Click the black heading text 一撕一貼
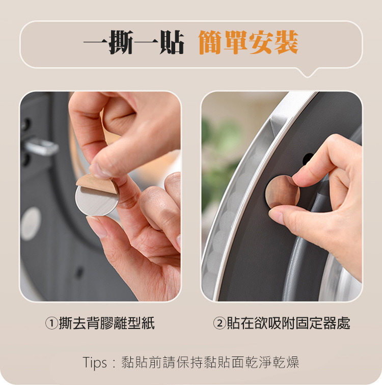click(134, 42)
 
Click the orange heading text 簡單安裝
click(249, 42)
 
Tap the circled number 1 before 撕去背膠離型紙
click(51, 323)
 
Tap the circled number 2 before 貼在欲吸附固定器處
click(220, 323)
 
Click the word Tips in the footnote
click(95, 363)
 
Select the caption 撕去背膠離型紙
click(107, 323)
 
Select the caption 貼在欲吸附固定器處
click(288, 323)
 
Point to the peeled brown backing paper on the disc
click(97, 183)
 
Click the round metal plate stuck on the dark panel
click(282, 192)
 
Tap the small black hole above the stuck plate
click(307, 158)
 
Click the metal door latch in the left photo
click(41, 147)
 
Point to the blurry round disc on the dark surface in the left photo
click(31, 224)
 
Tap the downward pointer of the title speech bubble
click(307, 73)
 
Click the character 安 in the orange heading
click(261, 42)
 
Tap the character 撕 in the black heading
click(121, 42)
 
